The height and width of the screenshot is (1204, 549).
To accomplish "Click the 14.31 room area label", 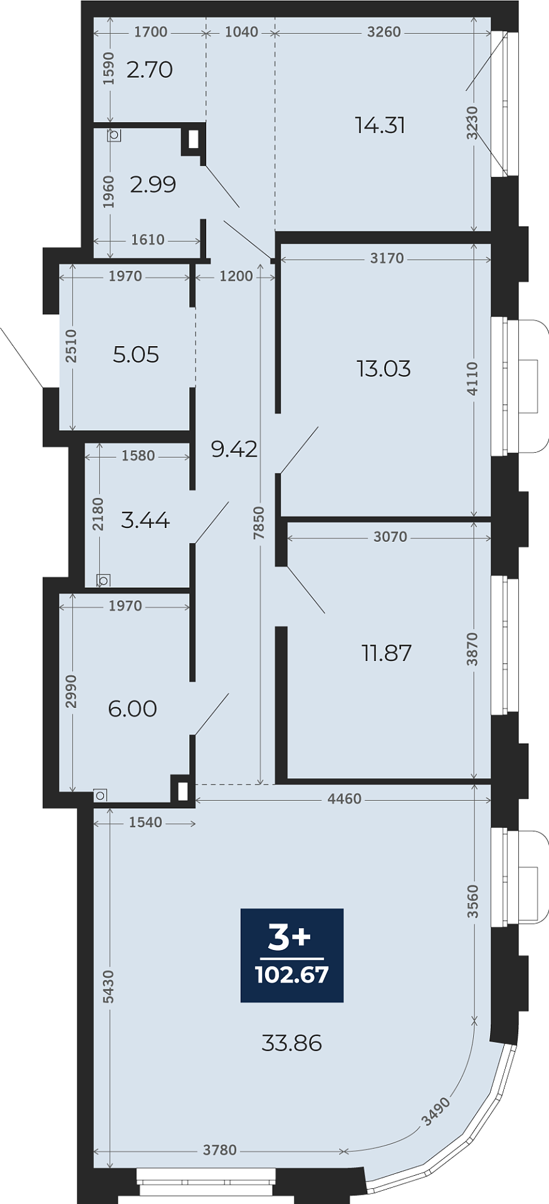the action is tap(380, 125).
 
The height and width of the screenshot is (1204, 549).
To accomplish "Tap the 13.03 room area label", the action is tap(384, 369).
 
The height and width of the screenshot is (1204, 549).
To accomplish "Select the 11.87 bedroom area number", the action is tap(387, 653).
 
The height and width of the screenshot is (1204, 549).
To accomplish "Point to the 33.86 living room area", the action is tap(291, 1043).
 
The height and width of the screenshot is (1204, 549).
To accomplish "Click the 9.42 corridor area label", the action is tap(234, 449).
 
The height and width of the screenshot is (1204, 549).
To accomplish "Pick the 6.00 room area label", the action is tap(132, 709).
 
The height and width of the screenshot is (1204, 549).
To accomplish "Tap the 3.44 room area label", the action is tap(145, 520).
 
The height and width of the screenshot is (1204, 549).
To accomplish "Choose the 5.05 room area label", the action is tap(136, 355).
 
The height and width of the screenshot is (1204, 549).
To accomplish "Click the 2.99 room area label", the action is tap(153, 184).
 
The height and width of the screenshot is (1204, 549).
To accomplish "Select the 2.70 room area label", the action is tap(149, 70).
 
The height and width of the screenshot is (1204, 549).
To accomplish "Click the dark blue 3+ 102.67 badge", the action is tap(292, 955).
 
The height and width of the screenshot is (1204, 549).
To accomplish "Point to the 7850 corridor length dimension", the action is tap(259, 523).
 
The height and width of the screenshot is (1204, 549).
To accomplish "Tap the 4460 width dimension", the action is tap(345, 799).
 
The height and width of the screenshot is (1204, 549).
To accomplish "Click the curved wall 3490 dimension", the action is tap(435, 1112).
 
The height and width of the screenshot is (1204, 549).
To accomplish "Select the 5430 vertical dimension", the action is tap(108, 986).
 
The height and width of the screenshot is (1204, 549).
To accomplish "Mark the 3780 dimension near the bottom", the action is tap(220, 1150).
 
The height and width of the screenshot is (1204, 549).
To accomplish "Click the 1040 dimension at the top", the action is tap(241, 32).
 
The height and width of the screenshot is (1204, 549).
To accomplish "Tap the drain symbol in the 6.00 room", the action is tap(100, 795).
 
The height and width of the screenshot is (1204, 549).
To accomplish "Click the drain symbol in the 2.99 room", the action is tap(114, 135).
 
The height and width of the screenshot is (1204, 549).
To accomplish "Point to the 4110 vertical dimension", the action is tap(473, 378).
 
